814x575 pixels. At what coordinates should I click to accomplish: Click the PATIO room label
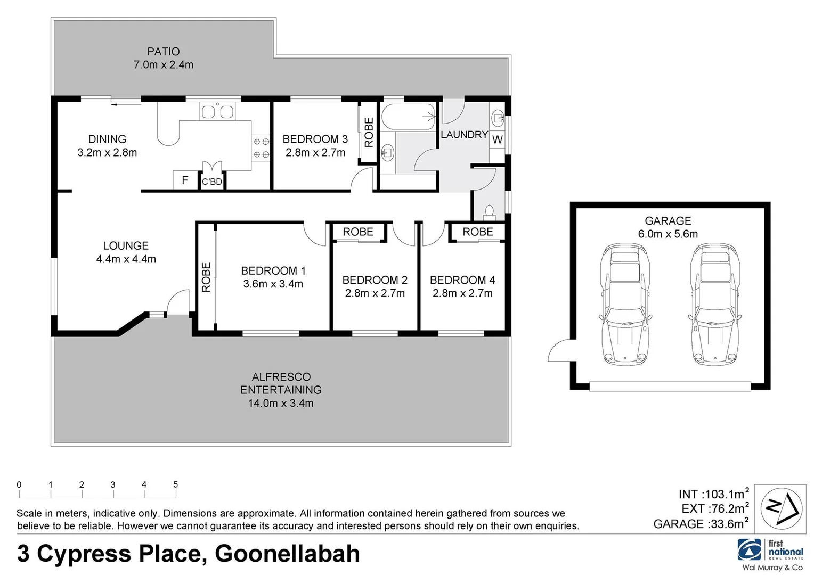[x=163, y=52]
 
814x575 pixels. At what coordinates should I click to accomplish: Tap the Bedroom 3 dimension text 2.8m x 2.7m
[x=315, y=153]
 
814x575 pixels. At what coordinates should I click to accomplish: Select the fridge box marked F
[x=185, y=180]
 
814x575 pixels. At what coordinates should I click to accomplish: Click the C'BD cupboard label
[x=212, y=182]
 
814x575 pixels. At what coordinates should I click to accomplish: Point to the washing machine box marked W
[x=497, y=140]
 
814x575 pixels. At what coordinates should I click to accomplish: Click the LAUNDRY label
[x=464, y=135]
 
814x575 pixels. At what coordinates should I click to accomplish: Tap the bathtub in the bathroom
[x=409, y=117]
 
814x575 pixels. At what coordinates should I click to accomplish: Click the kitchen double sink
[x=217, y=112]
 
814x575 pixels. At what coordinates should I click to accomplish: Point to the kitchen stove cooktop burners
[x=261, y=147]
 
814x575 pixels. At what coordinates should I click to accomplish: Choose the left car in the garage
[x=626, y=305]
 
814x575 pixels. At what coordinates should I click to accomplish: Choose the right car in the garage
[x=715, y=305]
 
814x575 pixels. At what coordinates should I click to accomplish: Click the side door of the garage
[x=560, y=351]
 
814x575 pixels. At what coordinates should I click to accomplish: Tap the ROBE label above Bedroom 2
[x=358, y=232]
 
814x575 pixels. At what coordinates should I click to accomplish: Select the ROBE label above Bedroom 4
[x=478, y=232]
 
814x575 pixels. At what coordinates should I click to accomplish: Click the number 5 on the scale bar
[x=175, y=484]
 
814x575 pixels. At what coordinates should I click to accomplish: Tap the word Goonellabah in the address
[x=287, y=554]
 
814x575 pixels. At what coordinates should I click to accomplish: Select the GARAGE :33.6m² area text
[x=701, y=524]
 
